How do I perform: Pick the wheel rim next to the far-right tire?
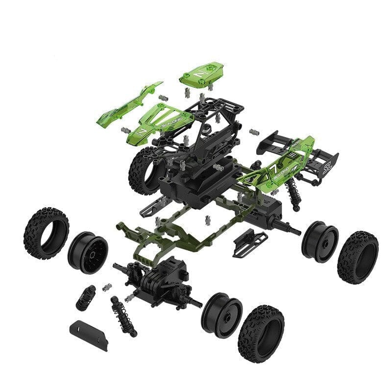pyautogui.click(x=319, y=242)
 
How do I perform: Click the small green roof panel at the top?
pyautogui.click(x=198, y=74)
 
